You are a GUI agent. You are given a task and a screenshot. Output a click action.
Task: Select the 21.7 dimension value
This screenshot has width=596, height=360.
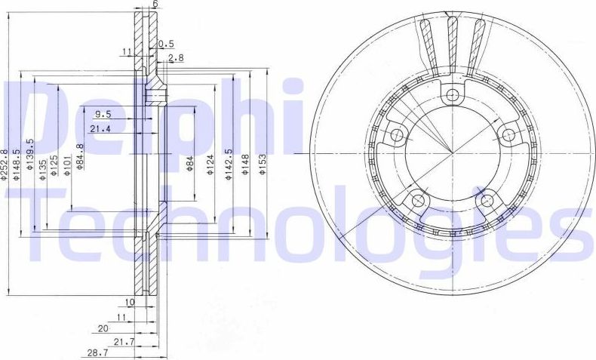point(123,342)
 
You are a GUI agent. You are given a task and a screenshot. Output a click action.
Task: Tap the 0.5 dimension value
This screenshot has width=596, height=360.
point(167,45)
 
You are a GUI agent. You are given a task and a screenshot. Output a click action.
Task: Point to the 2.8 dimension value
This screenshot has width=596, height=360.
point(176,57)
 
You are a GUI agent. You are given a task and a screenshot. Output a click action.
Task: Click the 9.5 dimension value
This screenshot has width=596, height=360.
point(103,115)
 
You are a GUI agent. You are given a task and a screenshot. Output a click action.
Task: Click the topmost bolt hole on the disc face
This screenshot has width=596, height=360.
point(452,95)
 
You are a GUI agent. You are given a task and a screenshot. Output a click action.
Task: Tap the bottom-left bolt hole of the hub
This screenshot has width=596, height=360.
point(417,201)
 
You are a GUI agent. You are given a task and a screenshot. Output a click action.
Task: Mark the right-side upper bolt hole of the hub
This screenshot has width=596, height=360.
point(508,135)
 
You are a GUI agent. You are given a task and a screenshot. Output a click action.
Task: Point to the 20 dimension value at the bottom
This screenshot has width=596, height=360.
point(103,328)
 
